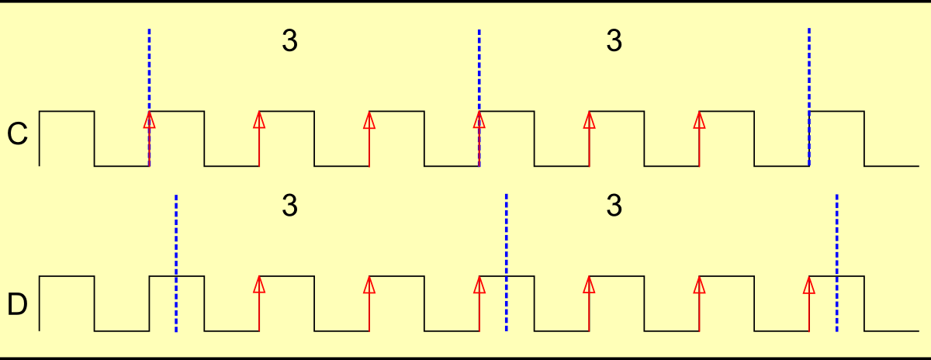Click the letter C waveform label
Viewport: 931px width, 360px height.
tap(17, 135)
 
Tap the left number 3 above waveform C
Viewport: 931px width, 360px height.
tap(289, 41)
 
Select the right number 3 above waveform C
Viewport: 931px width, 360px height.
tap(614, 41)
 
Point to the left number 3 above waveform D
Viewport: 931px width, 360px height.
tap(289, 206)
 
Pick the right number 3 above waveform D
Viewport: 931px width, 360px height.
tap(614, 206)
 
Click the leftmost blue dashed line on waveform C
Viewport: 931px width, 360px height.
tap(149, 70)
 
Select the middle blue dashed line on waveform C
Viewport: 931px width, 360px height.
tap(479, 70)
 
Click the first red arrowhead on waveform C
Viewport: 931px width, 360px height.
tap(149, 119)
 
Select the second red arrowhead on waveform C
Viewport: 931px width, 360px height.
tap(259, 119)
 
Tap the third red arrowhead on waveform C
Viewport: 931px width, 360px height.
tap(369, 119)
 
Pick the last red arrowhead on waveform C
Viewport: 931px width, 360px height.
tap(699, 119)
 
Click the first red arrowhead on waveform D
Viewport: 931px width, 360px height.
tap(259, 284)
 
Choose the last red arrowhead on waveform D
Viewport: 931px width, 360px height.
tap(809, 284)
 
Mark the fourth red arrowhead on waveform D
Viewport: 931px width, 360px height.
tap(589, 284)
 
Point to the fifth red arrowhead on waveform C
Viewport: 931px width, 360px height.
tap(589, 119)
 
